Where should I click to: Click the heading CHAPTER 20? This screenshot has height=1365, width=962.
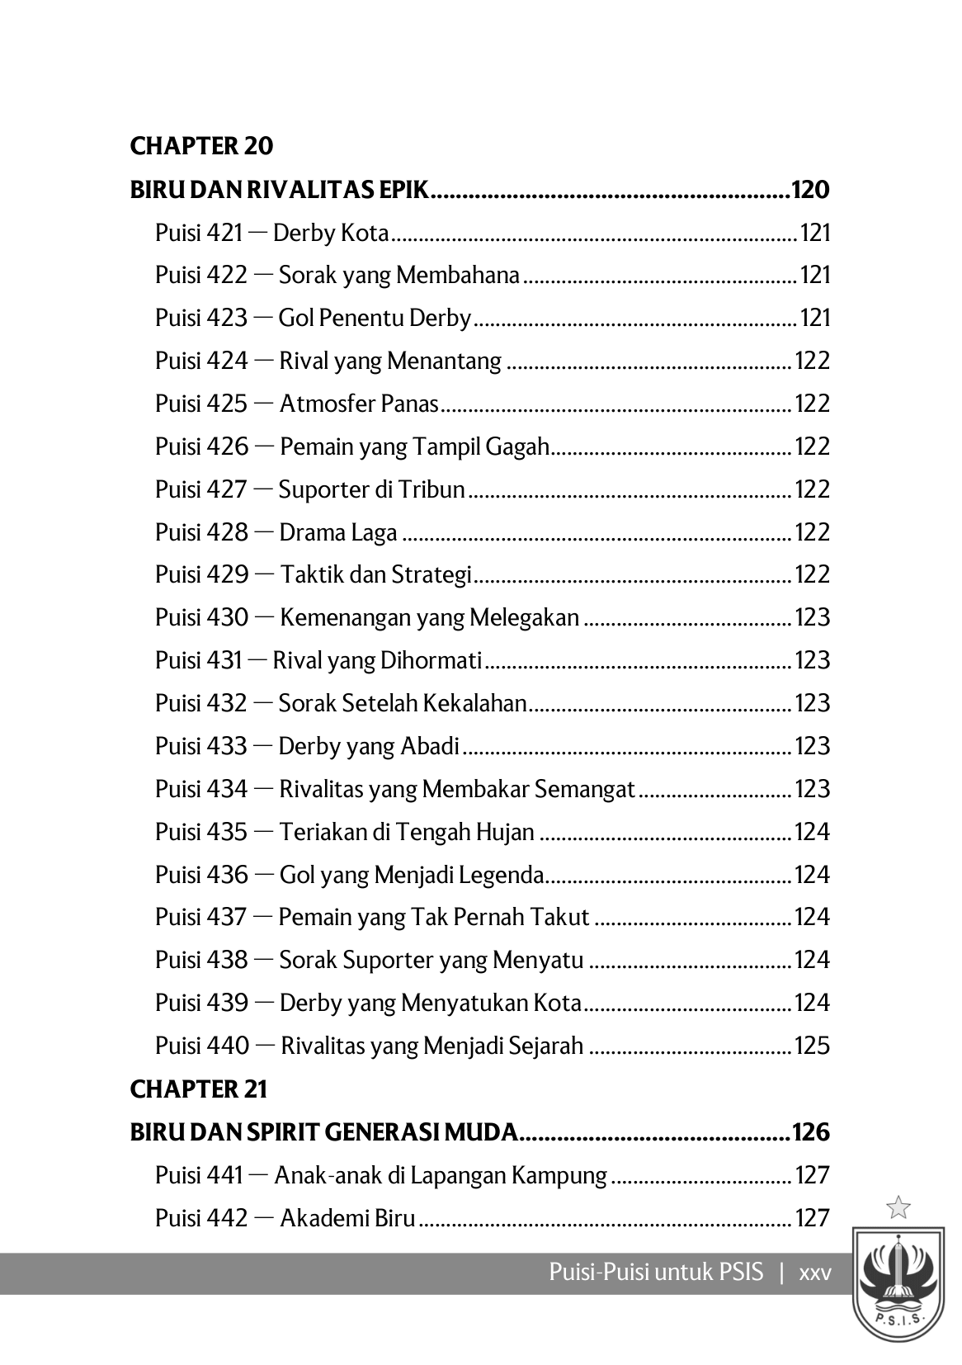(x=201, y=146)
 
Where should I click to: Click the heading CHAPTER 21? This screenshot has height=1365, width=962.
(x=199, y=1089)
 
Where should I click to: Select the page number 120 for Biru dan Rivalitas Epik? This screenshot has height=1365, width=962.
(x=809, y=190)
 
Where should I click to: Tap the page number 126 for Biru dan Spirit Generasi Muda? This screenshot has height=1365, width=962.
(x=809, y=1132)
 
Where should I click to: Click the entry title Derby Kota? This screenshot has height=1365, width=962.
(x=330, y=233)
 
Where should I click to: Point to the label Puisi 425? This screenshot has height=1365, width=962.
(x=201, y=404)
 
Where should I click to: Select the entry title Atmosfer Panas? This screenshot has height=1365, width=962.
(x=359, y=404)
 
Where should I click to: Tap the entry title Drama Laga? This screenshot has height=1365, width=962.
(x=338, y=532)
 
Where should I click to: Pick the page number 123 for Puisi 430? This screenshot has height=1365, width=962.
(x=812, y=617)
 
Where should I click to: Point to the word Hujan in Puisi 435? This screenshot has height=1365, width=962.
(x=505, y=832)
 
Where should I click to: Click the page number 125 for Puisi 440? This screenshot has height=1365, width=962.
(x=812, y=1046)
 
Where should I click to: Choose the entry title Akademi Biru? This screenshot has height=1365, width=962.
(x=347, y=1218)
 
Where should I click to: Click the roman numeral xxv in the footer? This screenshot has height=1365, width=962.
(x=815, y=1272)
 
